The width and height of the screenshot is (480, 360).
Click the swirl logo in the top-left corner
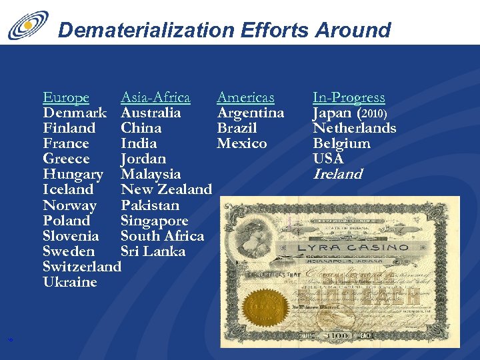pos(28,25)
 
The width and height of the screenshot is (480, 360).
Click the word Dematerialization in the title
pos(146,30)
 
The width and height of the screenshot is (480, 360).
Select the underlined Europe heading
pos(66,98)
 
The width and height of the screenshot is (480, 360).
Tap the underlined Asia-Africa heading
pos(155,98)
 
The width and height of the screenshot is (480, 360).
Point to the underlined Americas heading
pos(245,98)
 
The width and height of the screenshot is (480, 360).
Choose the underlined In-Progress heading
pos(349,98)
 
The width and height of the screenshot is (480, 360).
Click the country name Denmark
pos(75,113)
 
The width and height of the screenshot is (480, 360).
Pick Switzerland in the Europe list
pos(81,267)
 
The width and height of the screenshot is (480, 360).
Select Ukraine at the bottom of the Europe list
pos(70,282)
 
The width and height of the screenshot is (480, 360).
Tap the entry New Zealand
pos(166,190)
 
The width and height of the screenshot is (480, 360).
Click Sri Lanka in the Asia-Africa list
pos(153,251)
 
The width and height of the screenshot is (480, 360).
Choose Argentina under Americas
pos(251,113)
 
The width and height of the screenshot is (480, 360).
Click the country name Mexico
pos(242,144)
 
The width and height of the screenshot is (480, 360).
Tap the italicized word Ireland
pos(337,175)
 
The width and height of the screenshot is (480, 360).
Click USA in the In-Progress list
pos(328,159)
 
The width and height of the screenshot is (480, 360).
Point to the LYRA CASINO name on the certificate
pos(353,248)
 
